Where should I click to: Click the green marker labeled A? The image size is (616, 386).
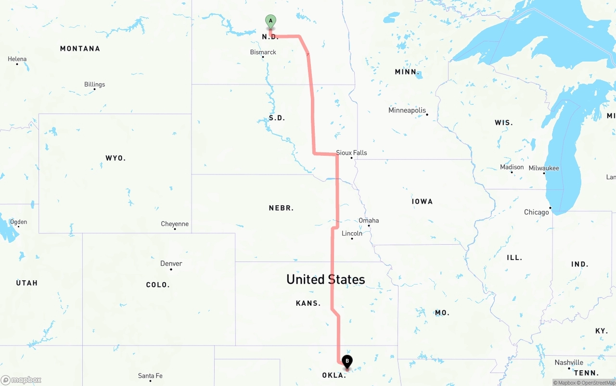click(x=270, y=21)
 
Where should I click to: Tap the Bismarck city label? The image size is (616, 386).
click(x=263, y=52)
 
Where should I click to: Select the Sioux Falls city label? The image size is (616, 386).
click(x=351, y=153)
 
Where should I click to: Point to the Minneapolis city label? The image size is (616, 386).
click(x=407, y=111)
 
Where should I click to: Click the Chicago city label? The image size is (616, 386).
click(x=536, y=212)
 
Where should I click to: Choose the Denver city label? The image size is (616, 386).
click(x=171, y=263)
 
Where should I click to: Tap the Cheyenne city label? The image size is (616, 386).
click(x=175, y=224)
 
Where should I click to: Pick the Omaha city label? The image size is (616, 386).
click(x=369, y=221)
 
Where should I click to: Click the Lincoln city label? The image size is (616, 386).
click(x=352, y=234)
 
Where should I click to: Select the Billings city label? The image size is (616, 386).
click(x=94, y=85)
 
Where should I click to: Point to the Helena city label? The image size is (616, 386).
click(x=17, y=59)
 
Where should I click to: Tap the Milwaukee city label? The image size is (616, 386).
click(x=544, y=168)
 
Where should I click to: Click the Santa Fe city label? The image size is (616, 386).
click(x=150, y=376)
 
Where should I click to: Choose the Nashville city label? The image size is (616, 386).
click(x=569, y=362)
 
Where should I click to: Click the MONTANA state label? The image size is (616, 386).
click(x=80, y=49)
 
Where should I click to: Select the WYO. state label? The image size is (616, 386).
click(x=115, y=158)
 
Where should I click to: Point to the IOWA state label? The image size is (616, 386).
click(x=422, y=201)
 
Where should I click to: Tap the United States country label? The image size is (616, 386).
click(x=325, y=279)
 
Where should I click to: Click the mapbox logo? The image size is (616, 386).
click(x=21, y=380)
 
